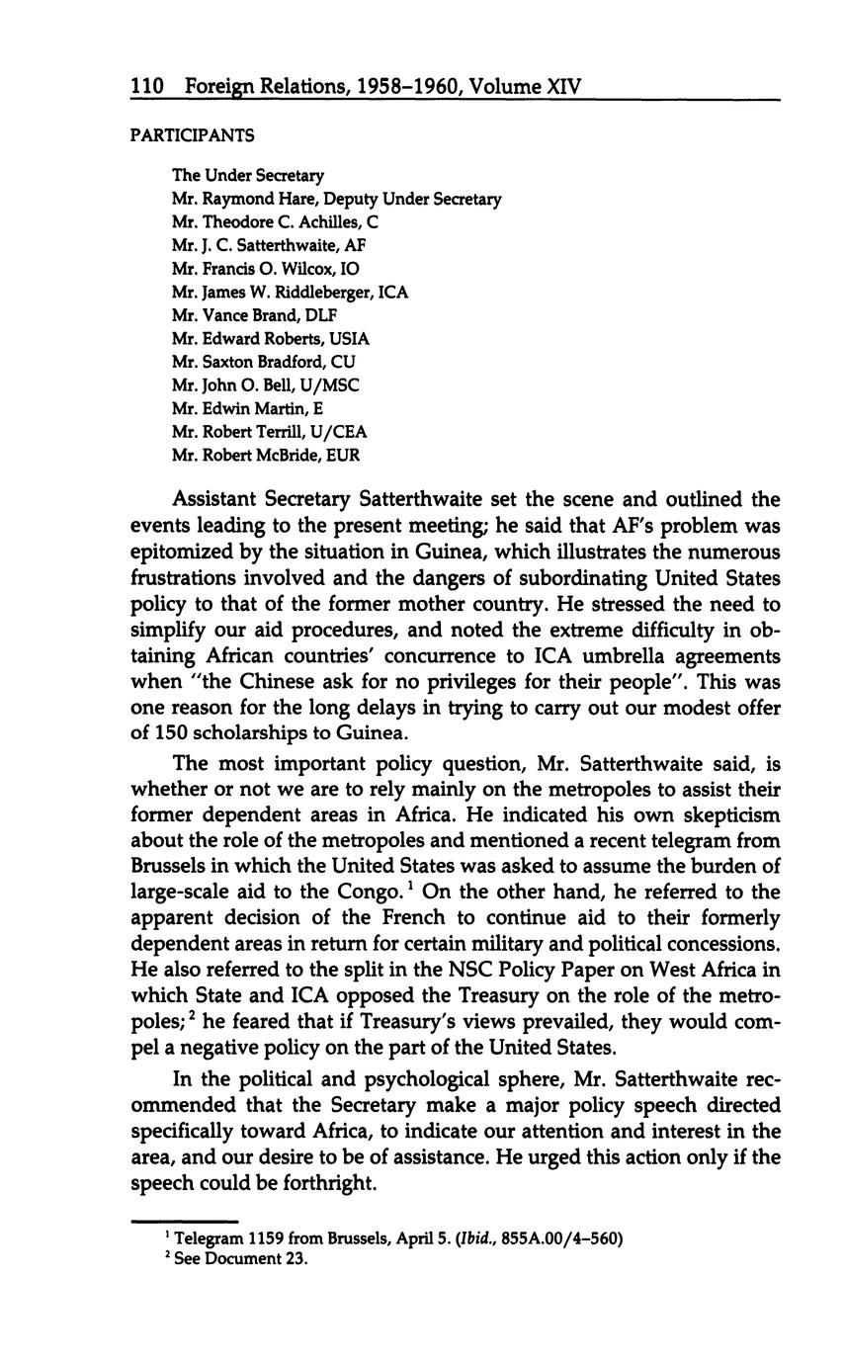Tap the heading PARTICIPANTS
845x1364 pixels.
(x=192, y=134)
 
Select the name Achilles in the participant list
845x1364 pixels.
(x=325, y=222)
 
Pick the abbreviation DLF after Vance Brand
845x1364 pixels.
(x=318, y=315)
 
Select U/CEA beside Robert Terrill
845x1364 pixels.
(x=339, y=432)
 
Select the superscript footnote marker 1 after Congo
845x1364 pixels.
(x=410, y=886)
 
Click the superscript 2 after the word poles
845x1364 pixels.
(x=194, y=1014)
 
